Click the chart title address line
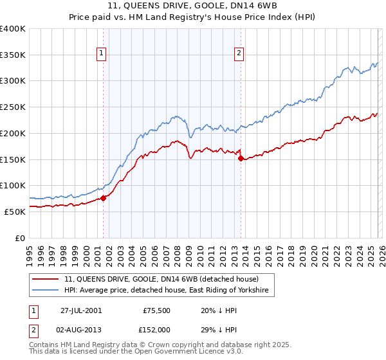tap(192, 6)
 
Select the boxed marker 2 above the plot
tap(239, 53)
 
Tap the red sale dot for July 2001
tap(104, 198)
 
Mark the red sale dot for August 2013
tap(240, 158)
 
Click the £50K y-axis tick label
tap(14, 212)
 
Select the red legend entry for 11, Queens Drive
tap(161, 280)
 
